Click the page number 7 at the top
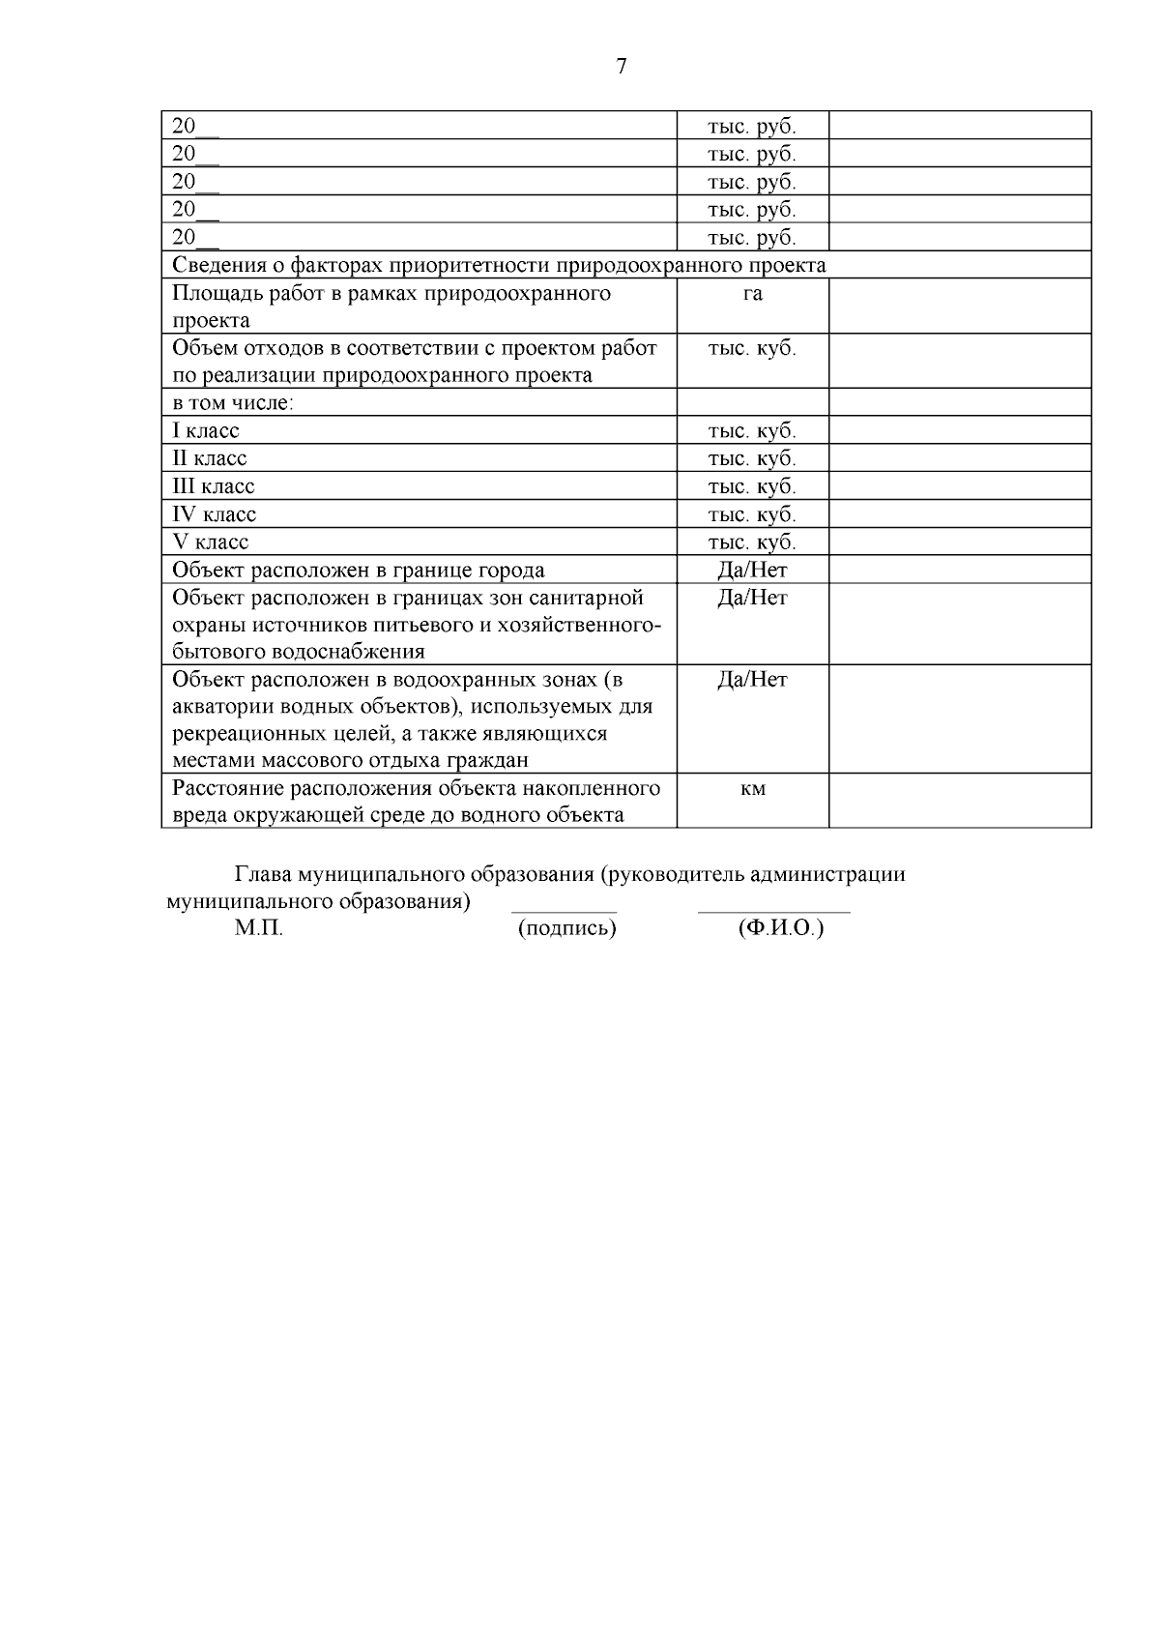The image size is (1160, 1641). (x=621, y=66)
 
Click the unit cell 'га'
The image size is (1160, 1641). (x=752, y=294)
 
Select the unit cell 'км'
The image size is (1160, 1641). (x=752, y=789)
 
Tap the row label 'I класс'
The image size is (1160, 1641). (x=206, y=431)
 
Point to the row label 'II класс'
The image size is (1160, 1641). (x=210, y=458)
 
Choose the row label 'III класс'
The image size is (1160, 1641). (x=214, y=486)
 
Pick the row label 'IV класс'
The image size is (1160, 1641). (x=215, y=514)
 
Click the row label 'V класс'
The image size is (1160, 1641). (x=211, y=542)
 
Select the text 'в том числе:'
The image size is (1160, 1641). (x=232, y=403)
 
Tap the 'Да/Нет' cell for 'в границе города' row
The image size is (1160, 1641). (x=752, y=571)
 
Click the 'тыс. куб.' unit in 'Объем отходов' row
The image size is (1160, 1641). (x=752, y=349)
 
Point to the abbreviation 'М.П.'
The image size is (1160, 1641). (x=258, y=929)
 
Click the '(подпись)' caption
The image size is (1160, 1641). (x=566, y=929)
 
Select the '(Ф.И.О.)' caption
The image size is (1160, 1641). (x=780, y=929)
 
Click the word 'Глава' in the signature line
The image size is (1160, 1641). (x=264, y=875)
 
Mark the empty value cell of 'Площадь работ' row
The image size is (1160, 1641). (x=959, y=307)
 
